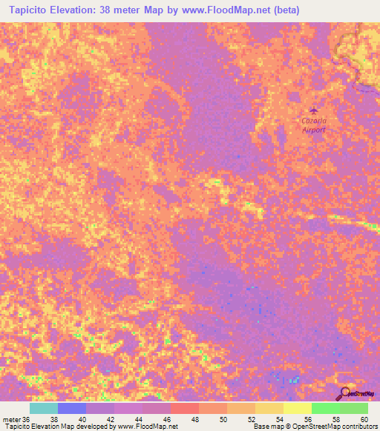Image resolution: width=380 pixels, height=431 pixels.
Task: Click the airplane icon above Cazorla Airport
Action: click(312, 110)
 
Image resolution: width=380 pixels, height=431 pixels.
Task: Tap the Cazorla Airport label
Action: click(313, 124)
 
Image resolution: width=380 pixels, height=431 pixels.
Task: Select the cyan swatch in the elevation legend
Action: click(43, 408)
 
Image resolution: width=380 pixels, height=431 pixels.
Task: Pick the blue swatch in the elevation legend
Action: click(71, 408)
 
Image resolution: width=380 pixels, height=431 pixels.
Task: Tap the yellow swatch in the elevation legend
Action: click(297, 408)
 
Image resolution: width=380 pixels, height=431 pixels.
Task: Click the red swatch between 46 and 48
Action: click(184, 408)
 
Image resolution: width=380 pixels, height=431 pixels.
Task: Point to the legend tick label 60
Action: click(363, 420)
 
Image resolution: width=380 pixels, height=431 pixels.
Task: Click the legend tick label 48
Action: click(194, 420)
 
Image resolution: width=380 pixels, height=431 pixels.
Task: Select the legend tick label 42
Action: click(109, 420)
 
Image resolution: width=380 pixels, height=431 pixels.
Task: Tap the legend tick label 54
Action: click(278, 420)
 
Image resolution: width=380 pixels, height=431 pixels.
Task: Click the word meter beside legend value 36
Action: click(12, 420)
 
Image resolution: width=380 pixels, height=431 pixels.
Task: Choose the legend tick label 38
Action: click(53, 420)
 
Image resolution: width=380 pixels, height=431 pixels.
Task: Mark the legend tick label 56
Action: click(307, 420)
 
